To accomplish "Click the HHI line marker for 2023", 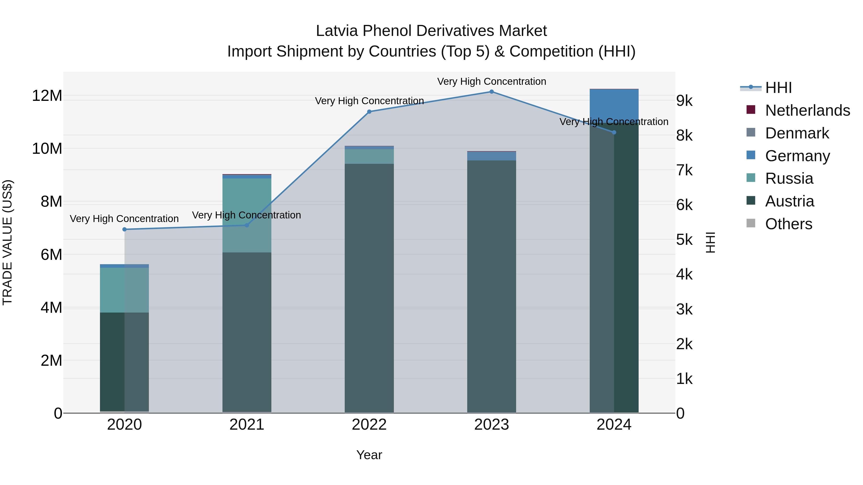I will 491,92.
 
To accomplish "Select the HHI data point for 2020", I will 125,229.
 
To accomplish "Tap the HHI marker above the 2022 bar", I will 369,112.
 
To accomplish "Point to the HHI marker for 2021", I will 247,225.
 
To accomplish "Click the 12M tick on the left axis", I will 47,96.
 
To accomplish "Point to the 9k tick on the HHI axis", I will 684,101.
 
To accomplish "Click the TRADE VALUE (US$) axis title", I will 7,242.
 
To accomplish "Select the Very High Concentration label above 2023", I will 491,82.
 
